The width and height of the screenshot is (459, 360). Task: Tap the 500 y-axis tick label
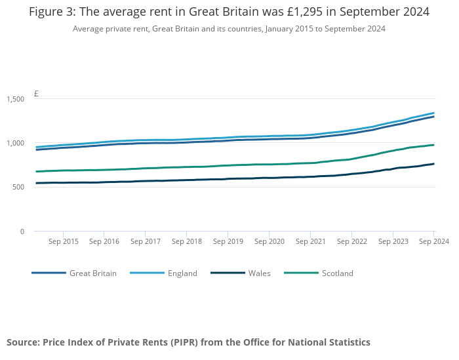(x=17, y=187)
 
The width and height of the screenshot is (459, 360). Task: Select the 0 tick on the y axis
(x=22, y=231)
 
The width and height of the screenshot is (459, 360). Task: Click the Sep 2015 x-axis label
(x=64, y=242)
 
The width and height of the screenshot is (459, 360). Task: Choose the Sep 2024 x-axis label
(x=433, y=242)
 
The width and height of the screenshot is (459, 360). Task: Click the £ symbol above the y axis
(x=36, y=94)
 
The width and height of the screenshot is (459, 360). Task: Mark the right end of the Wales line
(x=433, y=164)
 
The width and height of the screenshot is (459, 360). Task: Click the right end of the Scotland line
(x=433, y=145)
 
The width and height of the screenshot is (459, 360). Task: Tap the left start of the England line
(x=36, y=147)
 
